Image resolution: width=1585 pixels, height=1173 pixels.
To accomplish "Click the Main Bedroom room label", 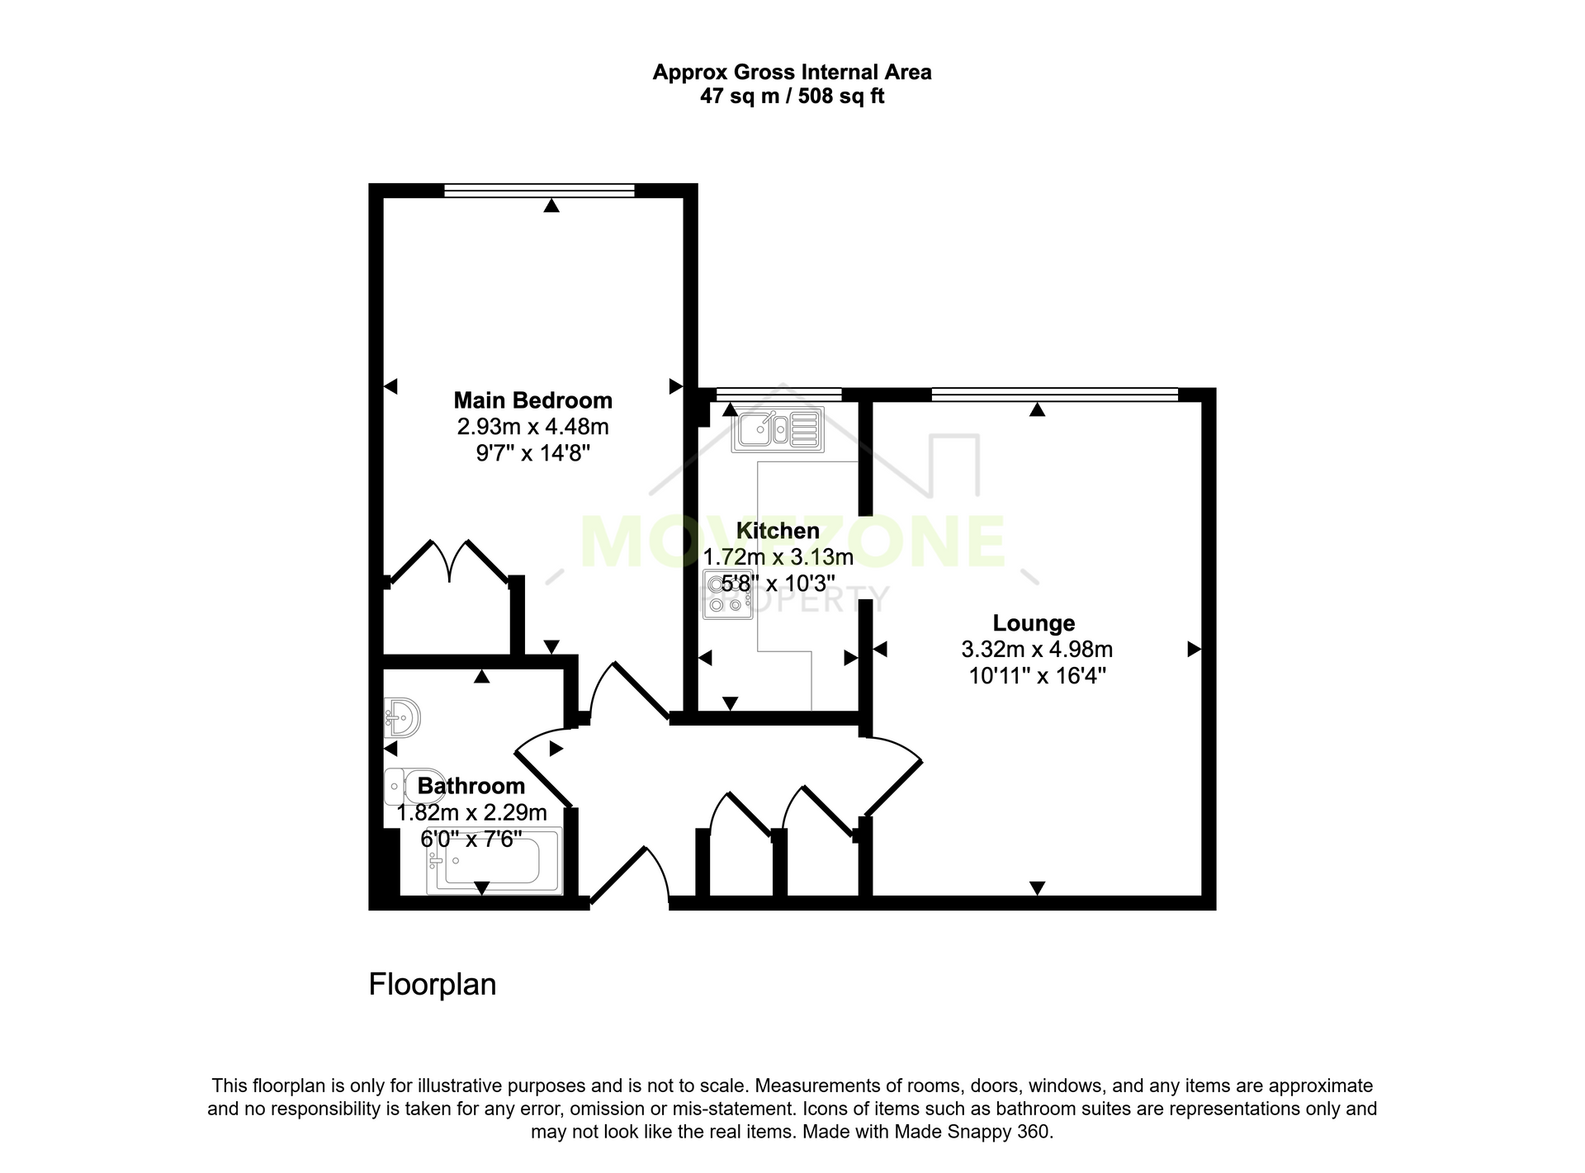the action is [533, 400].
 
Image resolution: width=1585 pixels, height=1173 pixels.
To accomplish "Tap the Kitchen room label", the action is [778, 531].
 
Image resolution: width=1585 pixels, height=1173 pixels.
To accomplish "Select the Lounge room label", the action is [1034, 623].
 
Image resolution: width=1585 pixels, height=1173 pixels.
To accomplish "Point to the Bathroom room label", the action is [471, 786].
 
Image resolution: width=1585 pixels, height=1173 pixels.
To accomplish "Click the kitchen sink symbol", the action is [778, 429].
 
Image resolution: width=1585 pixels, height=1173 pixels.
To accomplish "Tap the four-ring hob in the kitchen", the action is [727, 594].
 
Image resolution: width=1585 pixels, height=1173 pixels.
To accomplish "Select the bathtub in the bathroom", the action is [494, 861].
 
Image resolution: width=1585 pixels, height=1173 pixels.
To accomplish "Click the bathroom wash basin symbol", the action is [403, 717].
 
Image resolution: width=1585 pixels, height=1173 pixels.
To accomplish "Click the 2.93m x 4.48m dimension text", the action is [533, 427].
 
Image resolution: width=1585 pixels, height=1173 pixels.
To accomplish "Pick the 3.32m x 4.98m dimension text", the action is [1037, 650].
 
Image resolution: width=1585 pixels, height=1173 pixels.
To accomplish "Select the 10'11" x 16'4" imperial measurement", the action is [1037, 676].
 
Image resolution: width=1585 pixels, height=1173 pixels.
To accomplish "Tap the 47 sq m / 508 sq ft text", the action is [792, 97].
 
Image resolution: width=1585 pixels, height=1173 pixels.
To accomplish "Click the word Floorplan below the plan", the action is [433, 985].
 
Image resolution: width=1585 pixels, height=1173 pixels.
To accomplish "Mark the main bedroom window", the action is [539, 191].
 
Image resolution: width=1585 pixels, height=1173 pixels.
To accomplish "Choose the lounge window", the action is [1054, 395].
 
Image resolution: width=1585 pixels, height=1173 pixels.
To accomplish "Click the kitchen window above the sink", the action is [778, 395].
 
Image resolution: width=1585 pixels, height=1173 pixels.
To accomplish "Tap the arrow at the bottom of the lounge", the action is [1038, 888].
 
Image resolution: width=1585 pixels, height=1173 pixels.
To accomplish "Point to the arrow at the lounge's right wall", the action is [1194, 650].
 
